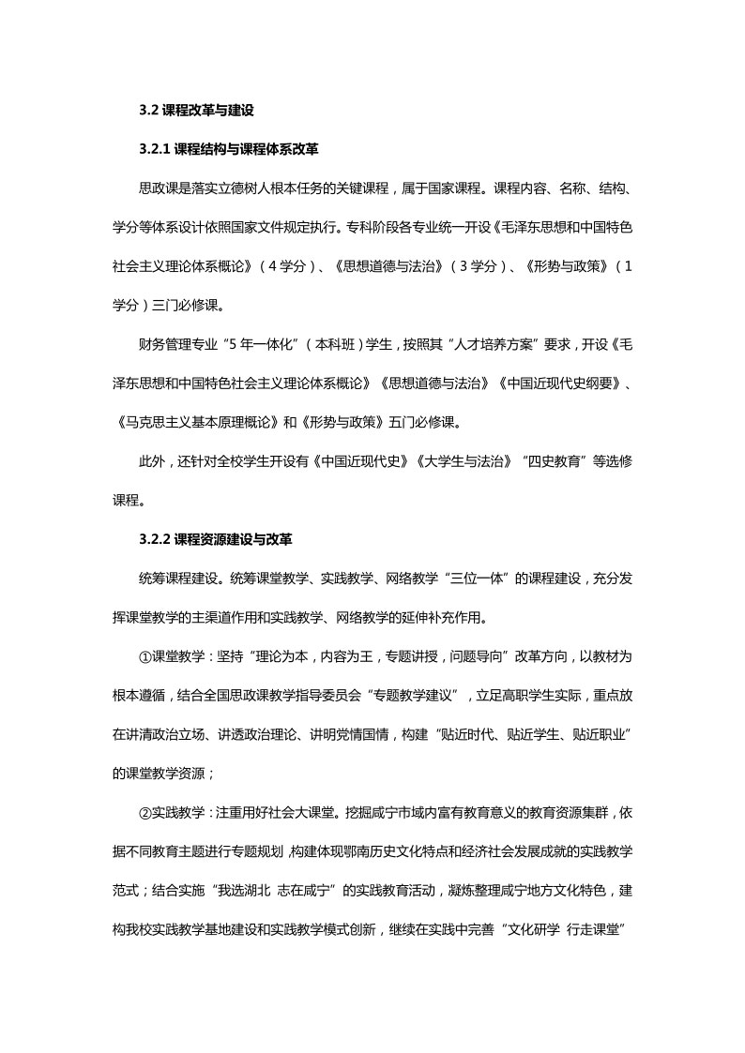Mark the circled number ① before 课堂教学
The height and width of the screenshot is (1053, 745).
(145, 656)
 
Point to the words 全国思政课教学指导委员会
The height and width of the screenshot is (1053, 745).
(285, 695)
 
